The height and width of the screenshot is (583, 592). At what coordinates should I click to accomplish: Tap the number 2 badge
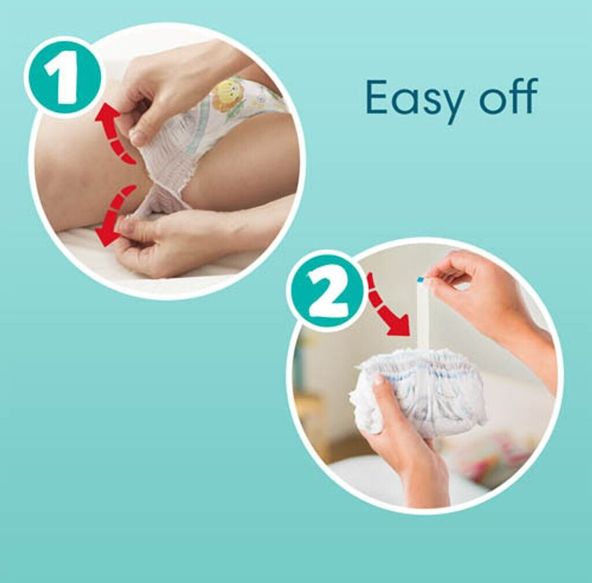[328, 291]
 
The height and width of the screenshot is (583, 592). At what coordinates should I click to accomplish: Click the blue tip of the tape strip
[421, 279]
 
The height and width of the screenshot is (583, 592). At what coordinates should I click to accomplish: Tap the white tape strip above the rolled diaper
[423, 313]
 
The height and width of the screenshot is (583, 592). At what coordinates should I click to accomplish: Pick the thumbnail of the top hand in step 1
[138, 137]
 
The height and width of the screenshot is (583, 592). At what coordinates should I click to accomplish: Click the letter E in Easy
[378, 96]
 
